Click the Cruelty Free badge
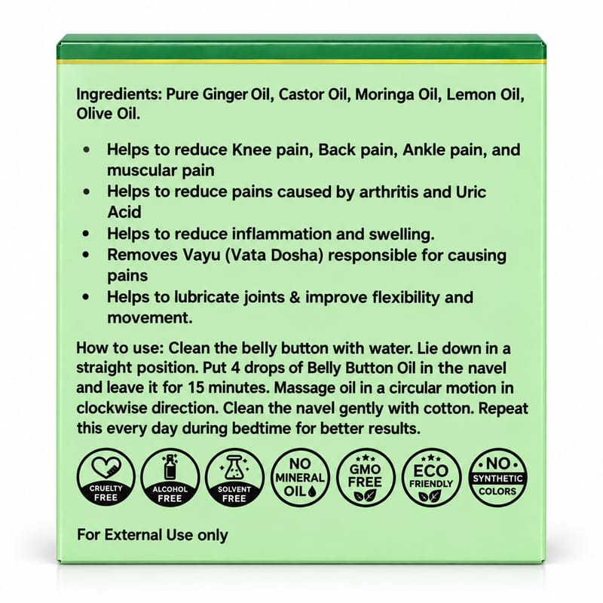[106, 477]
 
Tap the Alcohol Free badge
[170, 477]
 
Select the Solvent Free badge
[234, 477]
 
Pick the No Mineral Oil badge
[300, 477]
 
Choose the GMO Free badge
[366, 477]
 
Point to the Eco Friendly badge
[431, 477]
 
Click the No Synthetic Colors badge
[497, 477]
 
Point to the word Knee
[252, 149]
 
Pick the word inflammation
[282, 234]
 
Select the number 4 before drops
[235, 368]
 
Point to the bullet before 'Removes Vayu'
[86, 255]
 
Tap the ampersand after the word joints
[295, 297]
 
